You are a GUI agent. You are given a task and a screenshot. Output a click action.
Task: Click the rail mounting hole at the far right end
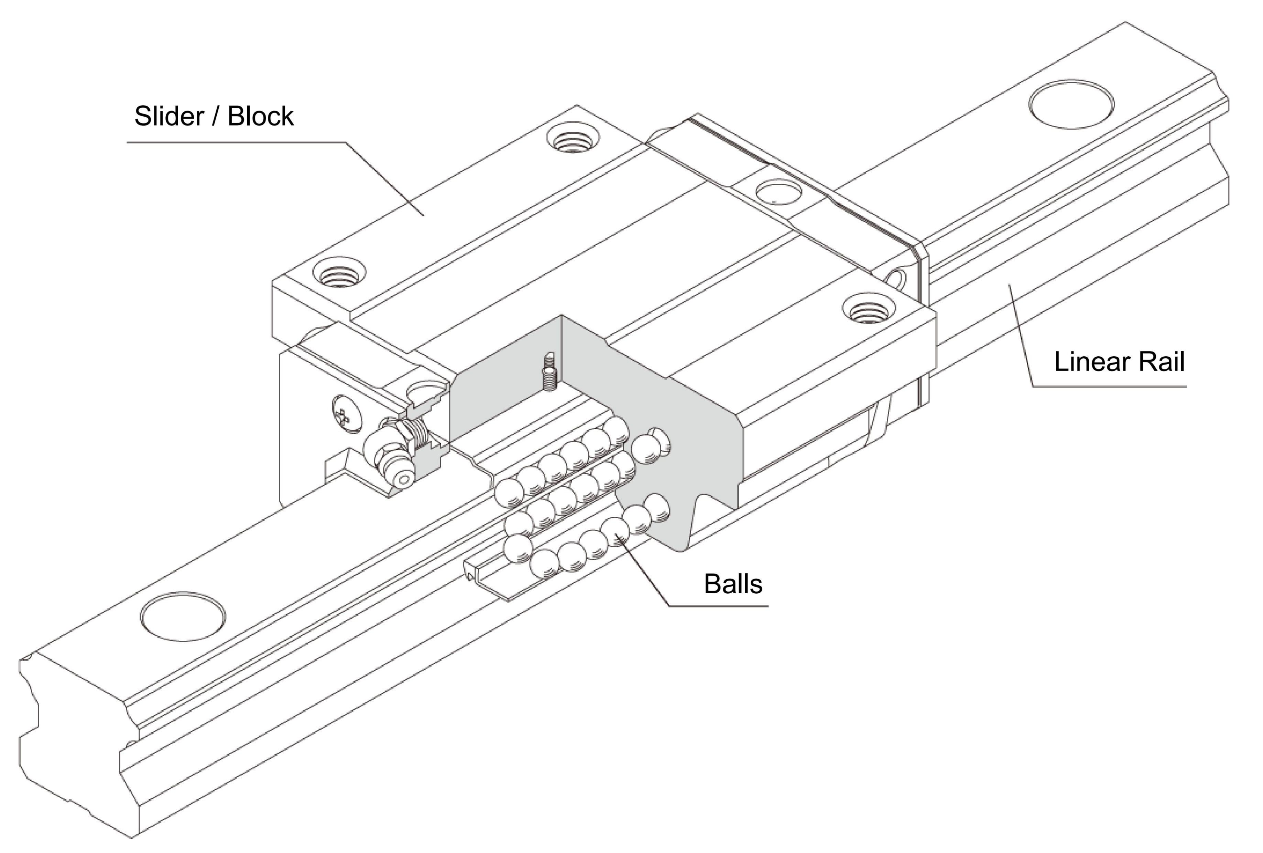click(1071, 104)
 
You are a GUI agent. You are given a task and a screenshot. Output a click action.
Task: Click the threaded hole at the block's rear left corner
click(573, 139)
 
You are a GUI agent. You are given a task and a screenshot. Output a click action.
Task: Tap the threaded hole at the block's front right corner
click(869, 309)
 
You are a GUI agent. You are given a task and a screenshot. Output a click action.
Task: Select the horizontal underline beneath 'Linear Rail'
click(1109, 387)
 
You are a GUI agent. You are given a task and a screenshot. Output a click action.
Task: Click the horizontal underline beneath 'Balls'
click(717, 606)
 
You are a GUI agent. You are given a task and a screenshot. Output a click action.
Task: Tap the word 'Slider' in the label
click(168, 116)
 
